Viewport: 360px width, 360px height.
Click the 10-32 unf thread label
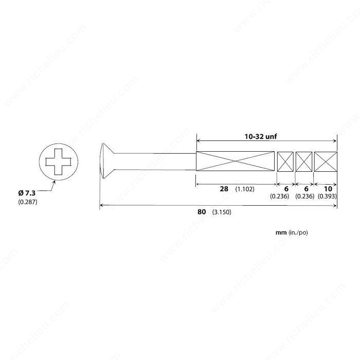click(266, 136)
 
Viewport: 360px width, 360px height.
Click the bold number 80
click(202, 211)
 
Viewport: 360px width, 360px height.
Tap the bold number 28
click(224, 189)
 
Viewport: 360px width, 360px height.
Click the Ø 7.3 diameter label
click(27, 192)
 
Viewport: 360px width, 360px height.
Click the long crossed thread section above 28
click(235, 161)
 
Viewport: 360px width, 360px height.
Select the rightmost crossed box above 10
click(325, 161)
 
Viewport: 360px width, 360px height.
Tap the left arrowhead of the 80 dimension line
click(101, 206)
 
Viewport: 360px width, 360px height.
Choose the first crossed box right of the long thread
click(285, 161)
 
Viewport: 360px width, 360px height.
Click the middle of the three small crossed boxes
click(304, 161)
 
